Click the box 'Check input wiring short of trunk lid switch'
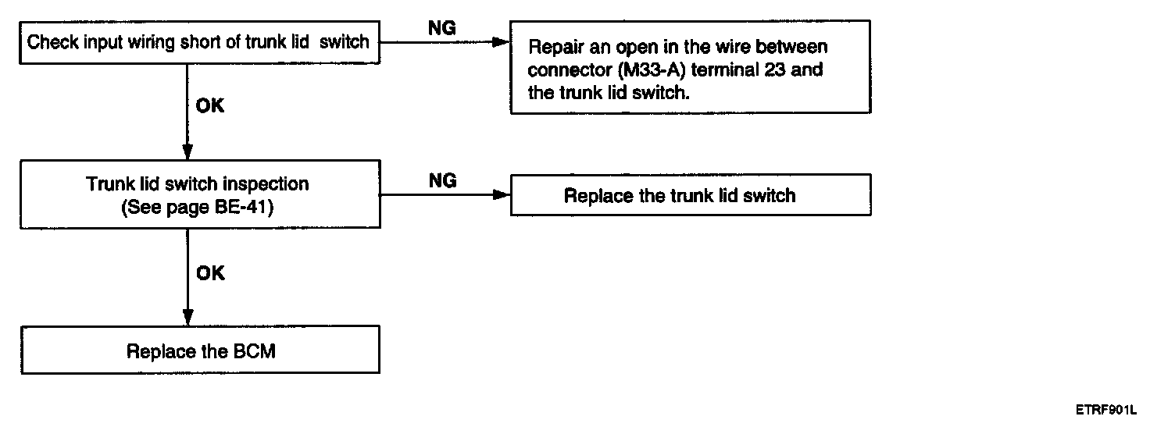point(199,42)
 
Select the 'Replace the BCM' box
point(200,350)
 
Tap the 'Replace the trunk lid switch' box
point(691,195)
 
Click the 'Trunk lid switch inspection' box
point(200,194)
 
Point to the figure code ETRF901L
point(1105,410)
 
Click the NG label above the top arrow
point(441,28)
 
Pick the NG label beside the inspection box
point(442,180)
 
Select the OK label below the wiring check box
point(210,106)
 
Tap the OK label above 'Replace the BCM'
point(210,273)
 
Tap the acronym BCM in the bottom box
point(255,351)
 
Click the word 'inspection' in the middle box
point(266,184)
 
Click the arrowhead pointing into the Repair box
point(501,42)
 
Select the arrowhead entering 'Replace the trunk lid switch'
point(502,195)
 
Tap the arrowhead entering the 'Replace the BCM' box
point(187,317)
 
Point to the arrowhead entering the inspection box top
point(187,151)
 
